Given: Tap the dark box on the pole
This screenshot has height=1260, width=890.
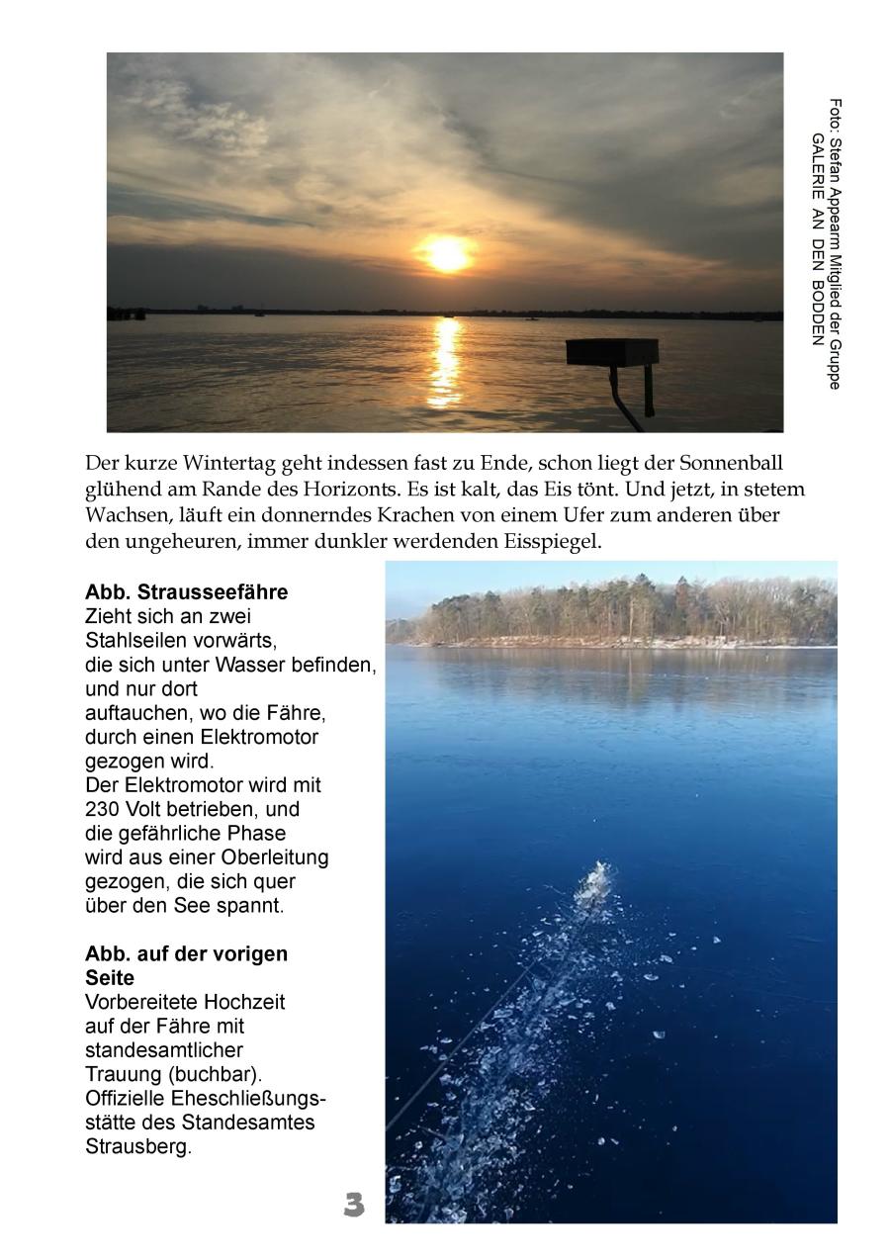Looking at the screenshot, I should pos(611,352).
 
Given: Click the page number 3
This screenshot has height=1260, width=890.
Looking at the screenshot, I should pos(354,1205).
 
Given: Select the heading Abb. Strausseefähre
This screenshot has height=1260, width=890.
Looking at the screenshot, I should pos(187,592).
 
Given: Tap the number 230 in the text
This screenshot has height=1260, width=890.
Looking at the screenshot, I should pos(102,809).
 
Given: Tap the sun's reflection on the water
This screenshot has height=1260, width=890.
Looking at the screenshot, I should pos(446,361).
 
